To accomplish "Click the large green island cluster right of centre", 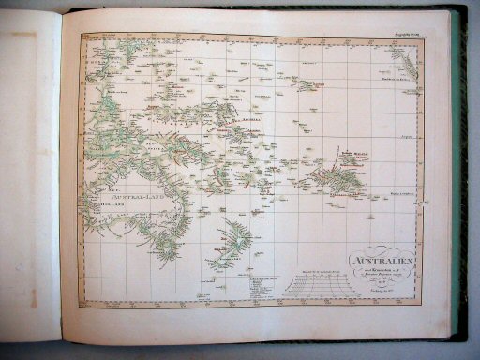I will click(334, 178).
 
